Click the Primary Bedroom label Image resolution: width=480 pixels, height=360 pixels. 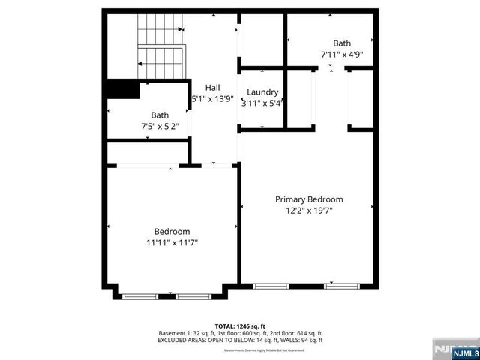point(309,199)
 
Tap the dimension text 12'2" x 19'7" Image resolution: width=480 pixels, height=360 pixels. point(309,211)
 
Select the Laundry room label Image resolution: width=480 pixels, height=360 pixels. point(262,92)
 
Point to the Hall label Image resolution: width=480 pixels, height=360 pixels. point(212,87)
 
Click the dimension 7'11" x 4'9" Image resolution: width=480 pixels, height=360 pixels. point(342,54)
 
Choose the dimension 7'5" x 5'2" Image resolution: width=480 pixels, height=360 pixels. point(160,126)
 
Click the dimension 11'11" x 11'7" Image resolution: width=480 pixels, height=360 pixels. point(172,242)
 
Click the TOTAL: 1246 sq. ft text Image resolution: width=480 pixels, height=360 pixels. point(239,325)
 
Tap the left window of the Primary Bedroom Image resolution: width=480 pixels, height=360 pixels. point(271,286)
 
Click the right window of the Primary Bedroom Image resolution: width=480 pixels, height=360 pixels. point(342,286)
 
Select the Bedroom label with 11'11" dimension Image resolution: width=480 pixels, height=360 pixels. point(172,231)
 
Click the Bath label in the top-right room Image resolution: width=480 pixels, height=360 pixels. point(342,43)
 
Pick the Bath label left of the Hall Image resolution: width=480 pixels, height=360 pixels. point(160,115)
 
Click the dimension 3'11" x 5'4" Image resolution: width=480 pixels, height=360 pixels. point(262,103)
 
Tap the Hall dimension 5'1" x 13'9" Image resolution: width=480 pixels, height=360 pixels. point(213,98)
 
